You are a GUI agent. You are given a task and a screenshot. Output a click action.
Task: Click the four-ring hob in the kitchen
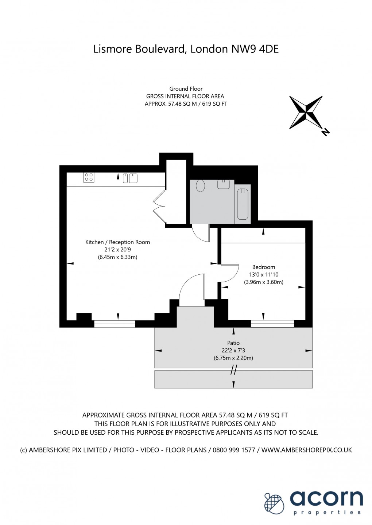coord(89,177)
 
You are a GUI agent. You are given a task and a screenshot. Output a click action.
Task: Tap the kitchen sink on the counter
coord(130,178)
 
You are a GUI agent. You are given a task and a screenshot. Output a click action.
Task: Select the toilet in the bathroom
coord(200,185)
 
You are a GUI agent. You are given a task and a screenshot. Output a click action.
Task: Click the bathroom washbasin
coord(224,184)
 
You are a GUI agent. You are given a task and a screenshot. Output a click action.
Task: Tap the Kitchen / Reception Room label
coord(117,242)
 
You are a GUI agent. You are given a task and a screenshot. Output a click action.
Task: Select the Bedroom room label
coord(263,267)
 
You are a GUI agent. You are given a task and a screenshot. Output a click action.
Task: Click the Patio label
coord(233,343)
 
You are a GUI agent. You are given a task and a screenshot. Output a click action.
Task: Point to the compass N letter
coord(325,132)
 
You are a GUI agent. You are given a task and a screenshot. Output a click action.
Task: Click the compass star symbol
coord(306,112)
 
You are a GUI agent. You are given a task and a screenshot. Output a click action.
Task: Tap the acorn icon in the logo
coord(274,504)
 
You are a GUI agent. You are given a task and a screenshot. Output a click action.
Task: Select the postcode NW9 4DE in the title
coord(255,49)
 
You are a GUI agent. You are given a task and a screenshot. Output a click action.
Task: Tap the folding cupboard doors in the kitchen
coord(159,207)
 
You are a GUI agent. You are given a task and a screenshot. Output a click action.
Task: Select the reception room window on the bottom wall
coord(115,324)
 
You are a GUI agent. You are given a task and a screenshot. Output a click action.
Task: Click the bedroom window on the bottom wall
coord(272,324)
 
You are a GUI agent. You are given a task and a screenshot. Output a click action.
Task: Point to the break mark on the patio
coord(233,371)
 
